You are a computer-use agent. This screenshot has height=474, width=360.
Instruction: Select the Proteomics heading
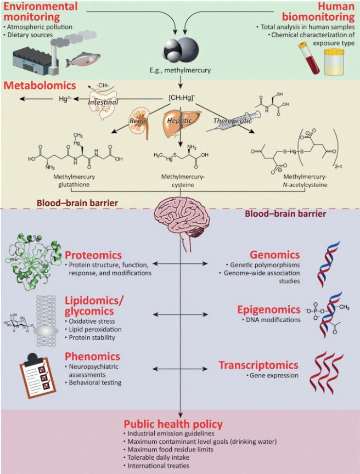94,256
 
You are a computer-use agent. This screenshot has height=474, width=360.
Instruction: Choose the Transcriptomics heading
259,365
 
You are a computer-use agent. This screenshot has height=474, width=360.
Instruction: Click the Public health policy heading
172,424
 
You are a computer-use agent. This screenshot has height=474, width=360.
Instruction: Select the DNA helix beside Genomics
327,267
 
